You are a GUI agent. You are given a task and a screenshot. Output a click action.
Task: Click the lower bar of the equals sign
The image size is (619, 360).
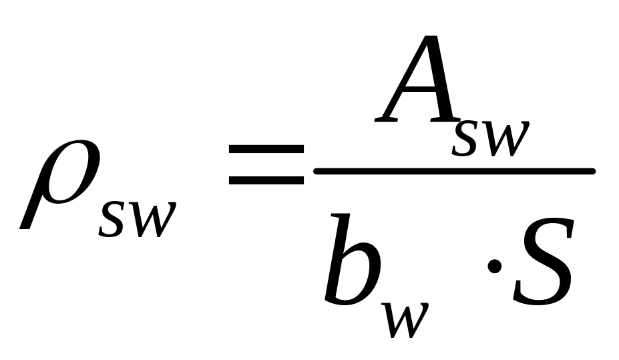265,180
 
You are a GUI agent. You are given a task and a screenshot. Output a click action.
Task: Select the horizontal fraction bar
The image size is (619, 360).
454,171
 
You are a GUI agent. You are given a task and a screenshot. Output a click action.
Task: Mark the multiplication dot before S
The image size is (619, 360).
495,266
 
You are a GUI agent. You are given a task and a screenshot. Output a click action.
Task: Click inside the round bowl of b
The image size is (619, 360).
357,274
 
